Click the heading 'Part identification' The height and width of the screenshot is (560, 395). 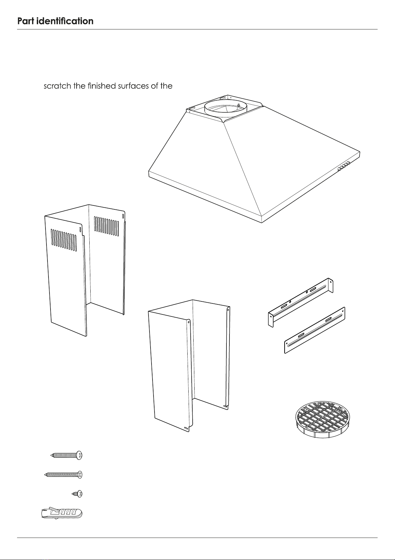click(x=55, y=21)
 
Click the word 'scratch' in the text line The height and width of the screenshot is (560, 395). click(x=57, y=86)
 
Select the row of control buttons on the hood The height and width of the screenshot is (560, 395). click(x=344, y=166)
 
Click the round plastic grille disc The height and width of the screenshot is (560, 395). click(x=322, y=419)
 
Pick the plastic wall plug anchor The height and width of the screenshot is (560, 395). click(x=62, y=514)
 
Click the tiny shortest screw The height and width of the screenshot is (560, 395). click(x=77, y=494)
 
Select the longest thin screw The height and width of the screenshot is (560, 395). click(x=63, y=474)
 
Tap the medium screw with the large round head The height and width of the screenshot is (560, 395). click(x=67, y=455)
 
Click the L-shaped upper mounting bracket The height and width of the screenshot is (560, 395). click(x=300, y=302)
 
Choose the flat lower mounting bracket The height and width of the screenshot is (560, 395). click(x=315, y=330)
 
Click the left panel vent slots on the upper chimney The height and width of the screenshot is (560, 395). click(x=64, y=240)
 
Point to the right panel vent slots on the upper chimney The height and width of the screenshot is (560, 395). click(x=106, y=226)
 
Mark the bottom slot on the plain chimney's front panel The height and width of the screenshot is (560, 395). click(x=186, y=428)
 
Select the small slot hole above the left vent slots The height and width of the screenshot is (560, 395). click(x=80, y=229)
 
